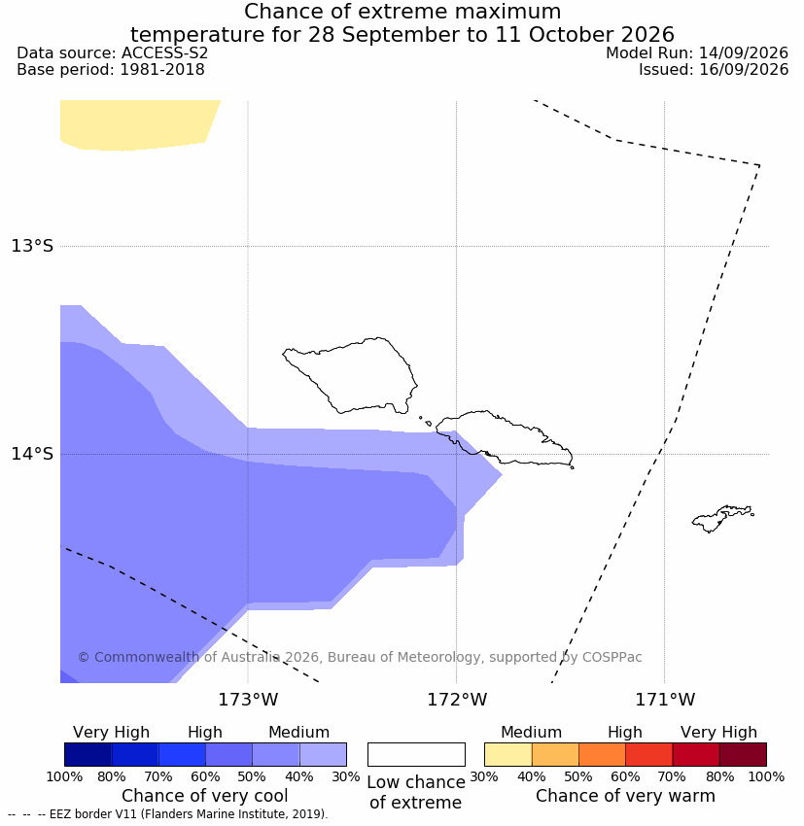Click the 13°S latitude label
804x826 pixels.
32,246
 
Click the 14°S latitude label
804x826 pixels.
32,454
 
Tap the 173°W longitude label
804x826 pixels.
248,699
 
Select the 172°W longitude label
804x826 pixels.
457,699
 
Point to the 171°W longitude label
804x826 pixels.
665,699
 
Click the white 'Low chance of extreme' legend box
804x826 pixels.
416,754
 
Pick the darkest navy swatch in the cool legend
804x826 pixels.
88,754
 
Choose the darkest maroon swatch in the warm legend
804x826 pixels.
743,754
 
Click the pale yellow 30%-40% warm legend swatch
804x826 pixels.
507,754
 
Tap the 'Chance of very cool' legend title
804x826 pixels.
205,796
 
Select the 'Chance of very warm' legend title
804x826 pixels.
625,796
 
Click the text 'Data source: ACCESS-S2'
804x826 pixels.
112,53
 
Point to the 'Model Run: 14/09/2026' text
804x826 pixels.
697,53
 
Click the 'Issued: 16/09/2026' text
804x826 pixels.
714,70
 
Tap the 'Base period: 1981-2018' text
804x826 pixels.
111,70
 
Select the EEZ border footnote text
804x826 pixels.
167,814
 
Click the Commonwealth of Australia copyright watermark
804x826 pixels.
360,657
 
